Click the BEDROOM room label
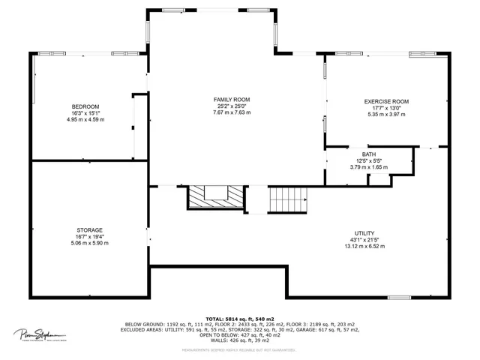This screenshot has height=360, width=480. (85, 106)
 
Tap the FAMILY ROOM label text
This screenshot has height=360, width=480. (232, 99)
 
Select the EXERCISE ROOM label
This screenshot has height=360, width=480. (386, 101)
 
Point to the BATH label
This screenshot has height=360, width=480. (368, 154)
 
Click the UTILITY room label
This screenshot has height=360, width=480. (364, 233)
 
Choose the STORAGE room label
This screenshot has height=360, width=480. (89, 230)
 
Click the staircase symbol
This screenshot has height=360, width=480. (288, 199)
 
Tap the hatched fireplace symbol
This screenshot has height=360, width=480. (216, 198)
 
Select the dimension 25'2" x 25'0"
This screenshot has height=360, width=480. (232, 106)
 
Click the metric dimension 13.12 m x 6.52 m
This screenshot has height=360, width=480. (364, 247)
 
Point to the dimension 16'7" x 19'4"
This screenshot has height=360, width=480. (89, 237)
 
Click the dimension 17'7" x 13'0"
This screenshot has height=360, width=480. (386, 108)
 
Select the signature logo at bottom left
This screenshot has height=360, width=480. (40, 334)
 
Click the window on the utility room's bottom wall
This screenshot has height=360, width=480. (399, 298)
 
